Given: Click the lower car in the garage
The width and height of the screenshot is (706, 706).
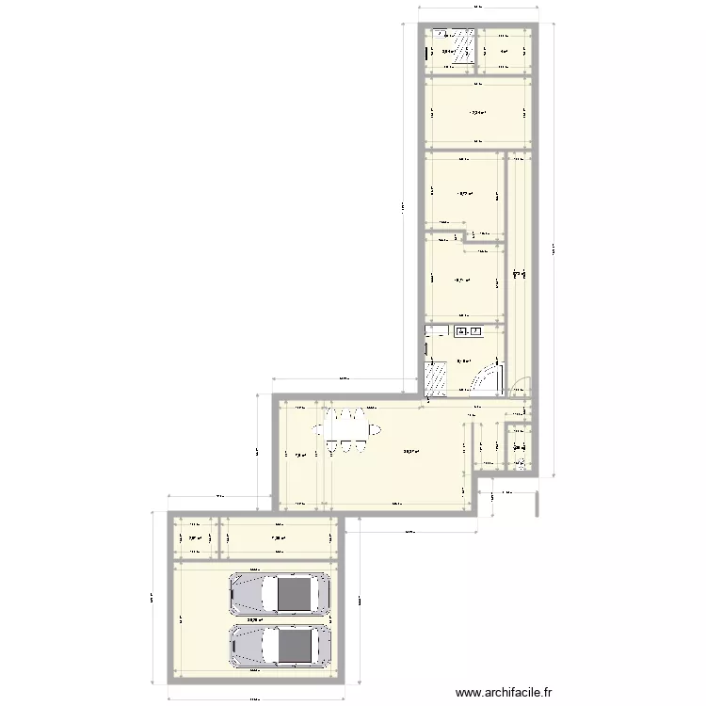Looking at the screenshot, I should [x=280, y=645].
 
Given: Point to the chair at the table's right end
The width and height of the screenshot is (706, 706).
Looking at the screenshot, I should [x=376, y=430].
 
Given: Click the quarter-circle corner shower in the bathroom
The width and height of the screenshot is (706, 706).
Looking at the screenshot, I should [x=489, y=378].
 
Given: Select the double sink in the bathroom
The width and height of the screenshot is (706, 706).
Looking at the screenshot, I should [x=469, y=331].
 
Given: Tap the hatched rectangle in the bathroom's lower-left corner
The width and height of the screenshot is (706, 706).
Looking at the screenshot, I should [x=437, y=378].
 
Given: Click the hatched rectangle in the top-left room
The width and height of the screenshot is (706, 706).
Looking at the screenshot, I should [x=462, y=50].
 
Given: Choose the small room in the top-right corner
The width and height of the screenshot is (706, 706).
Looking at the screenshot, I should [x=504, y=52].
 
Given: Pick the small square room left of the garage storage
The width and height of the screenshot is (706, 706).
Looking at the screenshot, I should [x=195, y=539].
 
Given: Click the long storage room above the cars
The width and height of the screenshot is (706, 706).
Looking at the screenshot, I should [x=278, y=539].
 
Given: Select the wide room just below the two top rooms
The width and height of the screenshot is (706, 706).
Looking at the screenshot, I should [x=475, y=113].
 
